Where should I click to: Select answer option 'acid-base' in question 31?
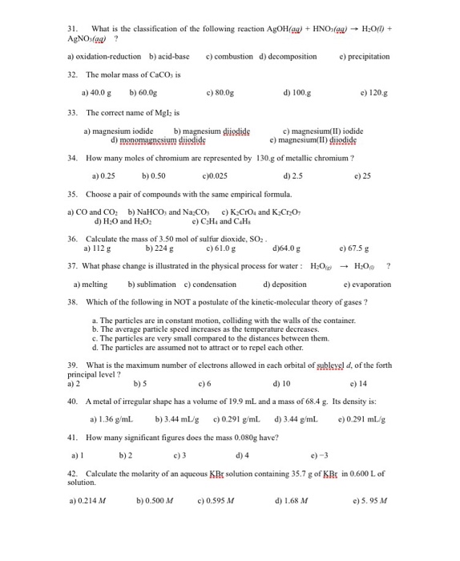pyautogui.click(x=169, y=57)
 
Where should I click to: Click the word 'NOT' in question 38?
pyautogui.click(x=175, y=303)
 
